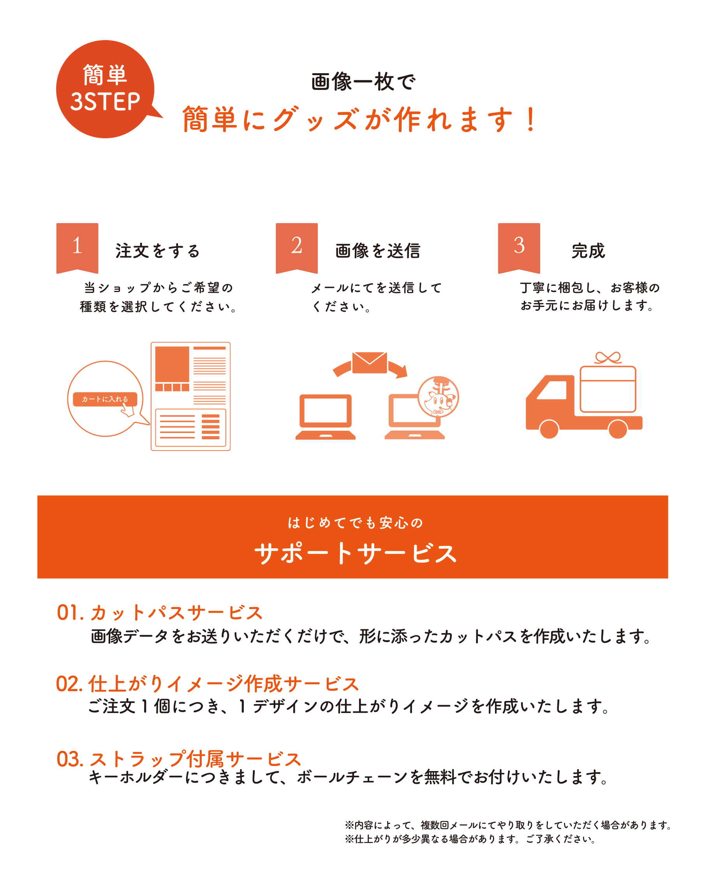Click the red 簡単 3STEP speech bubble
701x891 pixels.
tap(106, 89)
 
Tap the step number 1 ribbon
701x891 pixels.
tap(77, 248)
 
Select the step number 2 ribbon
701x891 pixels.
tap(297, 248)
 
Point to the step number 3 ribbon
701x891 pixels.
tap(519, 248)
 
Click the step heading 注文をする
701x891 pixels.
tap(158, 251)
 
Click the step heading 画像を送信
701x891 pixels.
tap(378, 251)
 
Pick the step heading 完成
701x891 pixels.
tap(588, 251)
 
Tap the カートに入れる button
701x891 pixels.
tap(105, 399)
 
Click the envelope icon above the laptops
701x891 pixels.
tap(369, 363)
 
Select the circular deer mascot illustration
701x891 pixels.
tap(439, 397)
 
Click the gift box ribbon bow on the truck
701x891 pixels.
tap(608, 358)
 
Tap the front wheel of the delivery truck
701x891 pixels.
tap(549, 429)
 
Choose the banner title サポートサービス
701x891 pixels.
tap(356, 553)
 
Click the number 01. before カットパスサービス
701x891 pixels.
tap(70, 613)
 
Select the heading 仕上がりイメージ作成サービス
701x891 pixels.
tap(224, 684)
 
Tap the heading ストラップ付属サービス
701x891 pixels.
tap(196, 759)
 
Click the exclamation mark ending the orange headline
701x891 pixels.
tap(531, 119)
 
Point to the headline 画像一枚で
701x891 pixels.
tap(364, 82)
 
